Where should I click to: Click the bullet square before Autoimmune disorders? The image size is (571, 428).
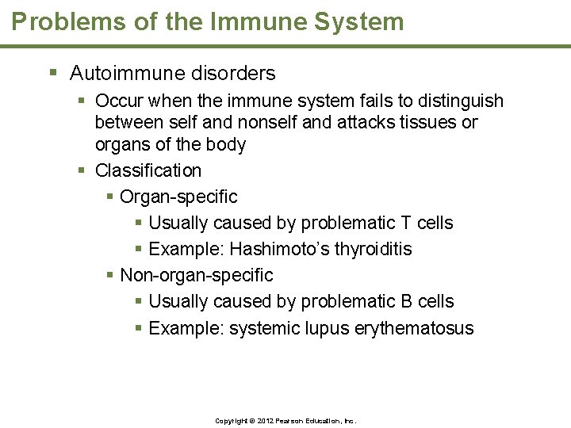coord(54,73)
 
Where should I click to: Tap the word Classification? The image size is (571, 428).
coord(148,170)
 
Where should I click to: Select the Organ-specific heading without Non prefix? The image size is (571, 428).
coord(178,197)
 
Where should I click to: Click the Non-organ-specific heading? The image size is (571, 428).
coord(196,275)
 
